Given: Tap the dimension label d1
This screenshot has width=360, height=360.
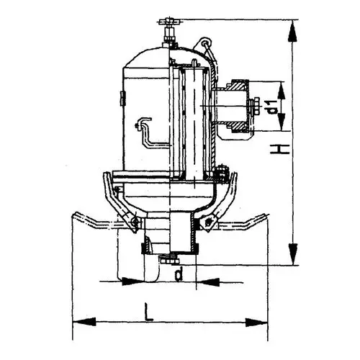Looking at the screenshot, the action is point(273,107).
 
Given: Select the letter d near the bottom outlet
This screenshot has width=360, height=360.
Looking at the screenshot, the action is point(179,274).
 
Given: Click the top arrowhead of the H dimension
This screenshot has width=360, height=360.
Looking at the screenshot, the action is point(292,30).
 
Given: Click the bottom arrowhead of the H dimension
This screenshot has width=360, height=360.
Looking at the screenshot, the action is point(293,254).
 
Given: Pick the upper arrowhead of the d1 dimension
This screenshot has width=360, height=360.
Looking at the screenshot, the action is point(282,91).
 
